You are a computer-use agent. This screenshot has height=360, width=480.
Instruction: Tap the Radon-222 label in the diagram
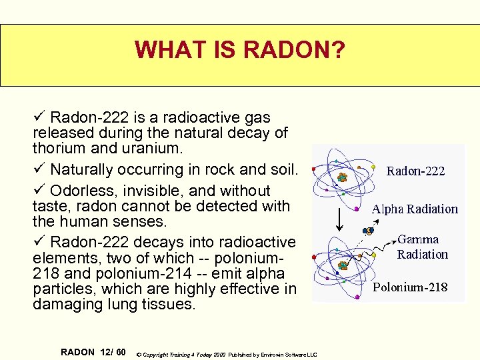pyautogui.click(x=415, y=171)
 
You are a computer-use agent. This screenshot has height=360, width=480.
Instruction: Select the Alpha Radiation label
pyautogui.click(x=415, y=209)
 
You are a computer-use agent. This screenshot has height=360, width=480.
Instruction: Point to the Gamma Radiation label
pyautogui.click(x=422, y=247)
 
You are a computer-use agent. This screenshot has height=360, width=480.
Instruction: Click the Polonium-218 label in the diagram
pyautogui.click(x=410, y=288)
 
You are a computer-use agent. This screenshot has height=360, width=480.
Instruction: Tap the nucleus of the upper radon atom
pyautogui.click(x=342, y=177)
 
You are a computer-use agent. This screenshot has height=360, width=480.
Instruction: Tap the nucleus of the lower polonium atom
pyautogui.click(x=343, y=265)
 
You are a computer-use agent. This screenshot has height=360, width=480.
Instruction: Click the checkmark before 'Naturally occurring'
pyautogui.click(x=38, y=169)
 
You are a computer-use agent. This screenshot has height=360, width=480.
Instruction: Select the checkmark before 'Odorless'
pyautogui.click(x=38, y=190)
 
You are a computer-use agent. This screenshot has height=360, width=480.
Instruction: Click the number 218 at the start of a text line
pyautogui.click(x=45, y=273)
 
